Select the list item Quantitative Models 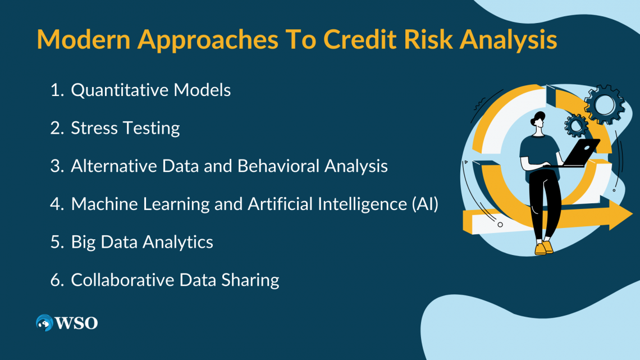tap(150, 90)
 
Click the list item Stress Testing tap(125, 128)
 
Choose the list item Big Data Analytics tap(141, 242)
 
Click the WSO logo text tap(76, 323)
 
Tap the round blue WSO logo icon tap(44, 323)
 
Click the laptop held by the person tap(581, 153)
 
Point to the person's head tap(539, 121)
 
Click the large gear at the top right tap(604, 104)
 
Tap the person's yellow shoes tap(543, 248)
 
